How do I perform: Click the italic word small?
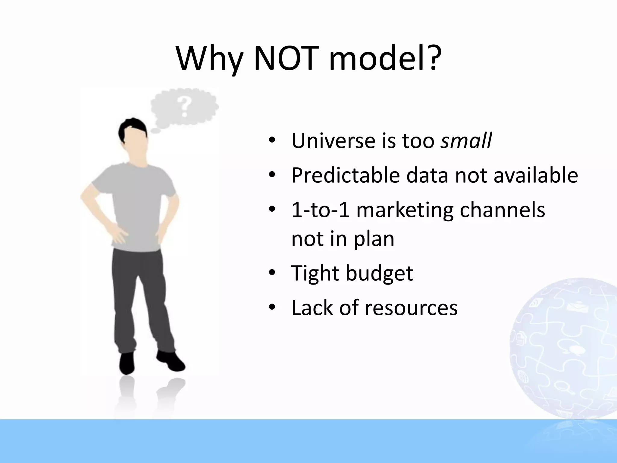coord(466,140)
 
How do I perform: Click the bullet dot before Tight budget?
coord(272,273)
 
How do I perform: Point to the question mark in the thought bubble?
coord(184,106)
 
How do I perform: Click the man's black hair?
coord(133,127)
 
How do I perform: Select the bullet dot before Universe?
coord(272,140)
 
